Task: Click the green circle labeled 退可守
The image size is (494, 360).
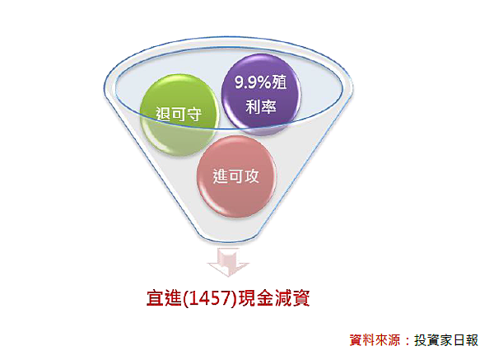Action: click(x=179, y=115)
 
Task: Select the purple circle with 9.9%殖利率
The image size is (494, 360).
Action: click(x=261, y=94)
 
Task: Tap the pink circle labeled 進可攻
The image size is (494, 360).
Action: click(x=236, y=176)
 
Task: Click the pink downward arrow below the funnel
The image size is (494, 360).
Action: click(x=228, y=262)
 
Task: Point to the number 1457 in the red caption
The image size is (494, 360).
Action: click(x=209, y=298)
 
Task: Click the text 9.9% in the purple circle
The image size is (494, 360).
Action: click(x=253, y=82)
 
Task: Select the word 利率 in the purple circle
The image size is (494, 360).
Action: click(x=261, y=106)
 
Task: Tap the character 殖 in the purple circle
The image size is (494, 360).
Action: click(x=279, y=82)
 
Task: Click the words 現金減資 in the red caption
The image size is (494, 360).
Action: click(x=274, y=298)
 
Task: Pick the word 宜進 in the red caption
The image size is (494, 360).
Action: click(x=164, y=298)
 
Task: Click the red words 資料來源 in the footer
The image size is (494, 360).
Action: click(x=375, y=340)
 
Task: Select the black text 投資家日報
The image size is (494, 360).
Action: click(x=446, y=340)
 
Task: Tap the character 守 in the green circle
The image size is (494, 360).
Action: click(x=194, y=114)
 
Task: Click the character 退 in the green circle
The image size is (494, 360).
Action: click(x=163, y=114)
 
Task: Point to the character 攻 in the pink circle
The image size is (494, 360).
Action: click(x=251, y=176)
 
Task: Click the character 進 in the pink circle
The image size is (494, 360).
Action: click(x=221, y=176)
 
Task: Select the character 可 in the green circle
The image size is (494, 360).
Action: click(x=179, y=114)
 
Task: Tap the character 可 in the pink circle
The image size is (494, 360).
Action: click(x=236, y=176)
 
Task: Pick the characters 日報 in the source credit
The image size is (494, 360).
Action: click(x=466, y=340)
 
